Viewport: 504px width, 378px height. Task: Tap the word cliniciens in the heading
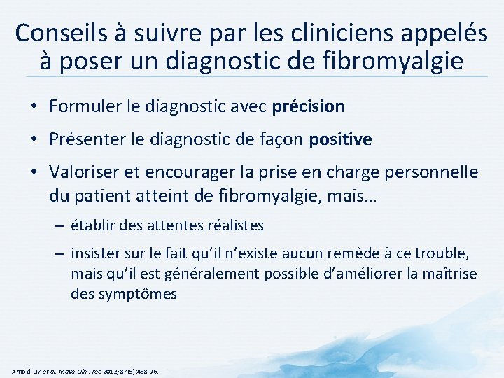337,33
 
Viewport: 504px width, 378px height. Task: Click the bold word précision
308,106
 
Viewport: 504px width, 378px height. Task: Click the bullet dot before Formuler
34,107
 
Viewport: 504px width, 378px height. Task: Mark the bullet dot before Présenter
34,140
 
